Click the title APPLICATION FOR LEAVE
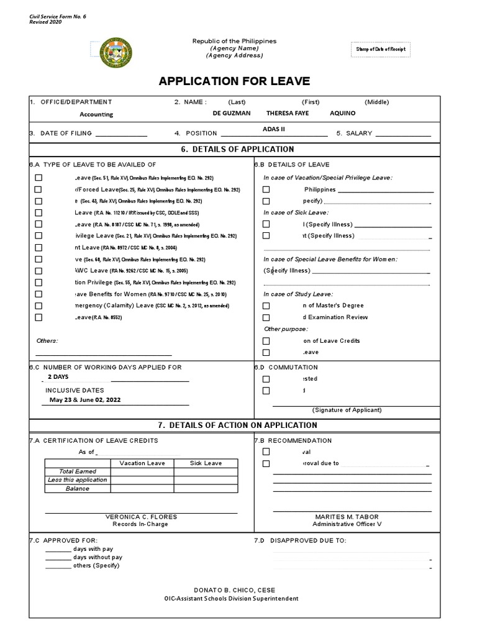(x=234, y=81)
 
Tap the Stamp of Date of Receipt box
(x=381, y=49)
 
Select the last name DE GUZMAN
(x=232, y=114)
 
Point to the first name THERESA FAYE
(x=286, y=114)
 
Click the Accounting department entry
(x=96, y=114)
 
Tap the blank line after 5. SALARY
(x=403, y=134)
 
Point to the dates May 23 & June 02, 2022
(x=85, y=400)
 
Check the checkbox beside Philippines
(x=266, y=189)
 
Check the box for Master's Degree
(x=266, y=306)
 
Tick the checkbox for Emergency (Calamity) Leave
(x=39, y=306)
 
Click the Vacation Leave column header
(x=142, y=463)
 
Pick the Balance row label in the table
(x=78, y=489)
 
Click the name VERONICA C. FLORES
(x=142, y=517)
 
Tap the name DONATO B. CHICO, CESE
(x=235, y=590)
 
